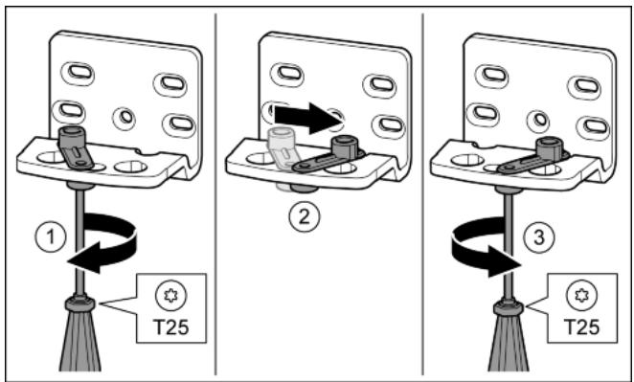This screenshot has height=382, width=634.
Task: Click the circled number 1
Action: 51,237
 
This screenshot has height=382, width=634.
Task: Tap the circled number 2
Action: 304,217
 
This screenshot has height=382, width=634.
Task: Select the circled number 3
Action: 539,237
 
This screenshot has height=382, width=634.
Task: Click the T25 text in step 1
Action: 171,327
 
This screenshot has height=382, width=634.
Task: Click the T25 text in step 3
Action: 582,327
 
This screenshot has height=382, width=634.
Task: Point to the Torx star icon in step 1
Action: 170,296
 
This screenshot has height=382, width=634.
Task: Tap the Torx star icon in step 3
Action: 580,296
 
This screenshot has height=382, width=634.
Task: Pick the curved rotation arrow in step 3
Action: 481,246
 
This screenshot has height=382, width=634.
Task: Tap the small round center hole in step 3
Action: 540,120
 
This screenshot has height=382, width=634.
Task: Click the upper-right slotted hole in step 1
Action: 170,84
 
